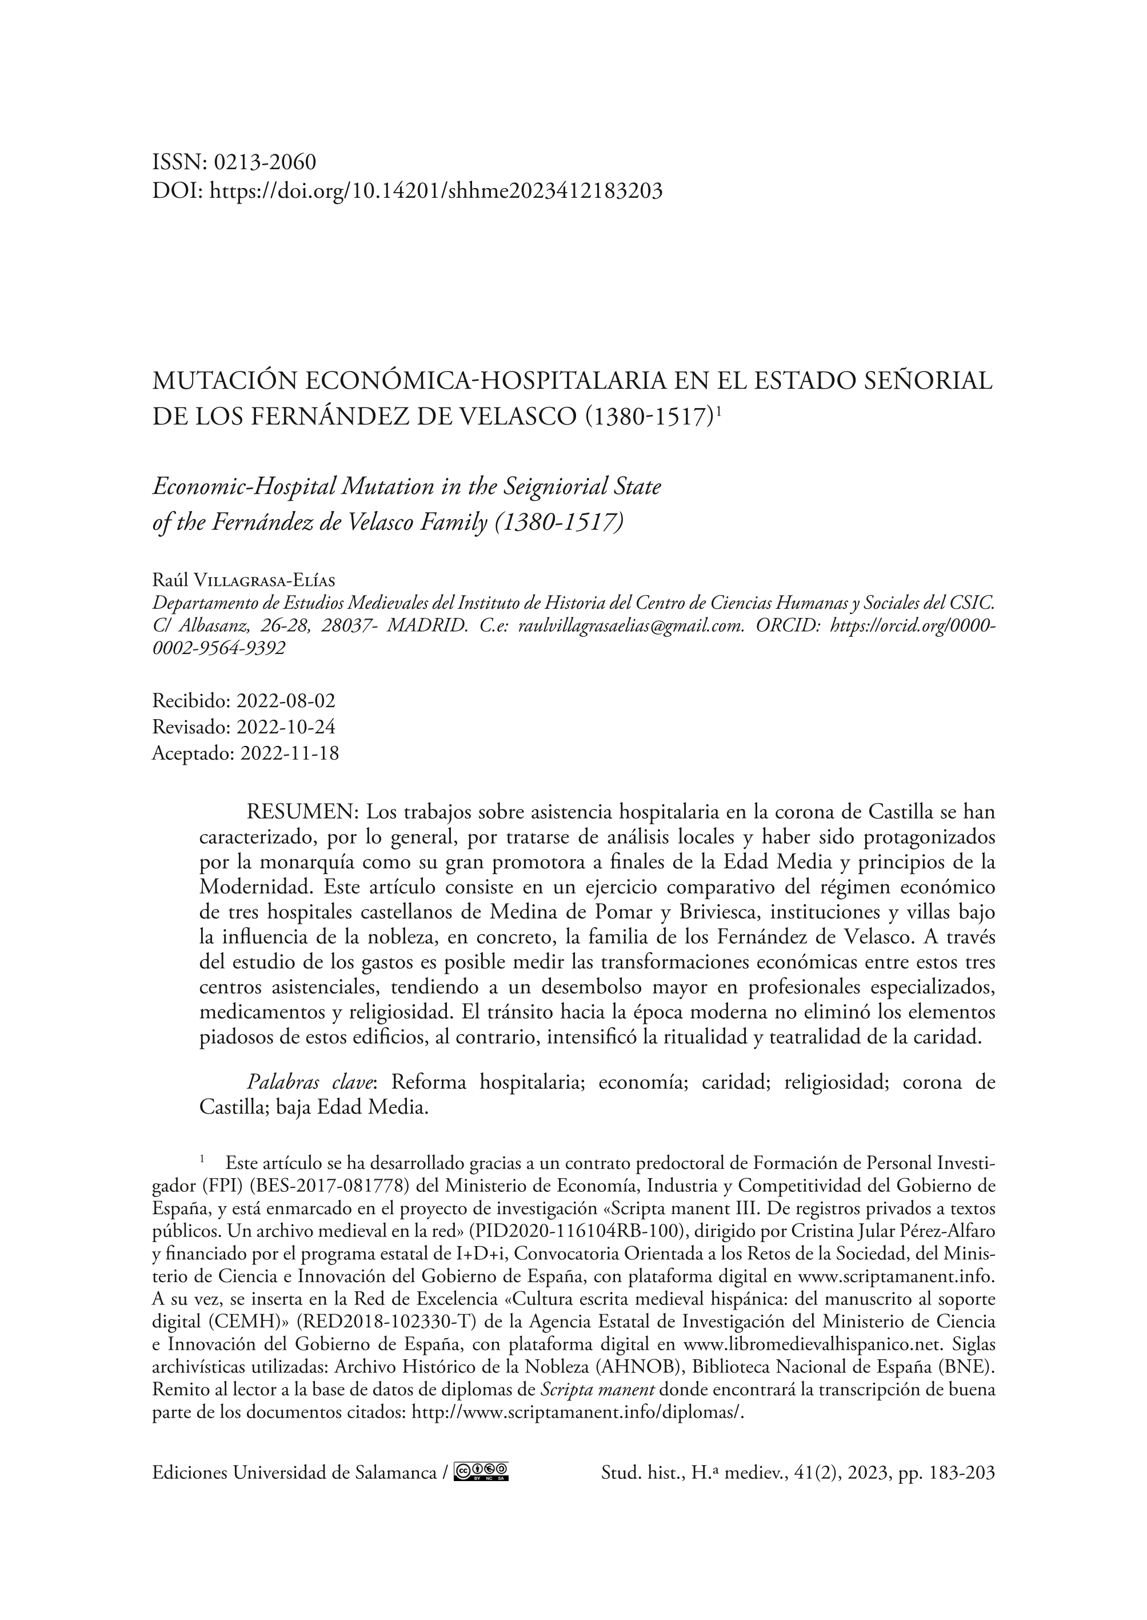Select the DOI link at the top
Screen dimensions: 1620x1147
tap(437, 191)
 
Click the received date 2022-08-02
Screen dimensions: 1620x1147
tap(286, 701)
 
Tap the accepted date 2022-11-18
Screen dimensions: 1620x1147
tap(290, 753)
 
